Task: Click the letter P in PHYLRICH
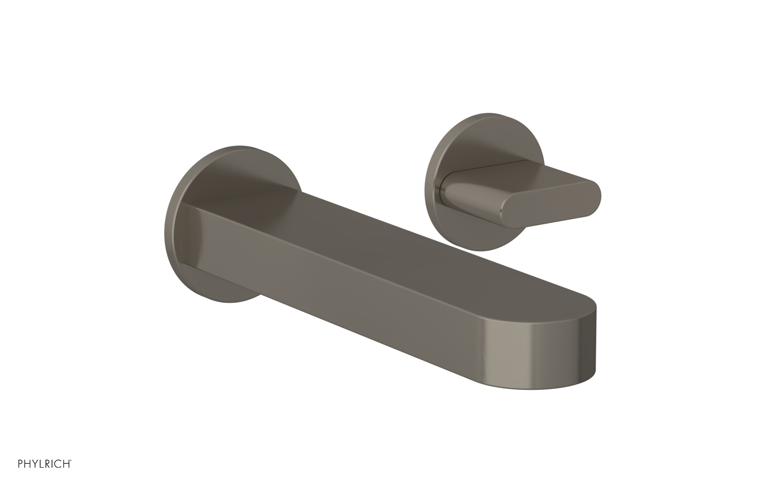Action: pyautogui.click(x=21, y=464)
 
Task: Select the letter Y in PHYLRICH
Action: pyautogui.click(x=35, y=464)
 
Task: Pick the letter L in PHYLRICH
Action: pyautogui.click(x=42, y=464)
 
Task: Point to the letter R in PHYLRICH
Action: pyautogui.click(x=48, y=464)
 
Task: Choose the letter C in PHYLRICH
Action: pyautogui.click(x=59, y=464)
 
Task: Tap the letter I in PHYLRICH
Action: pyautogui.click(x=53, y=464)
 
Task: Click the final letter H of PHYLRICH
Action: pyautogui.click(x=67, y=464)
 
